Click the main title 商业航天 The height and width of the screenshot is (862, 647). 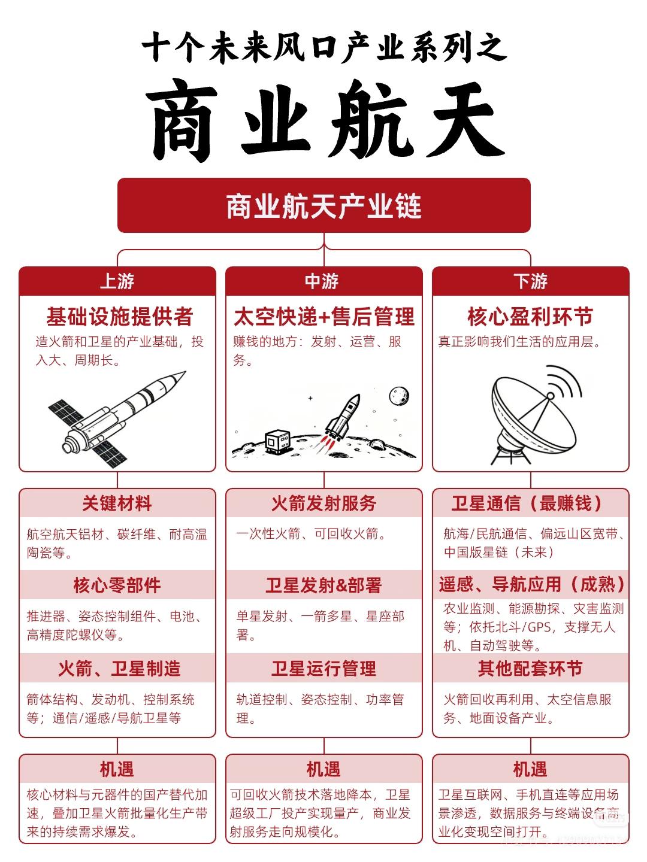coord(323,123)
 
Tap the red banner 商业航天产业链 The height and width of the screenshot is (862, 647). coord(323,206)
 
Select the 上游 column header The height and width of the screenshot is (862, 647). coord(117,281)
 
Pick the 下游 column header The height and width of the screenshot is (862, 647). coord(530,281)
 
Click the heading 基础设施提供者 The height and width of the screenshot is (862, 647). coord(119,317)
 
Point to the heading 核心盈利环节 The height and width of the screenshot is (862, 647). coord(530,317)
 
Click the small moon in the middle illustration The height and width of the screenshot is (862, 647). coord(399,396)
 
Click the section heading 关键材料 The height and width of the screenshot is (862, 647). coord(117,503)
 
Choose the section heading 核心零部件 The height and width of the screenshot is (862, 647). coord(117,585)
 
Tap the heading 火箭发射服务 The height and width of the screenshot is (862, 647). coord(323,503)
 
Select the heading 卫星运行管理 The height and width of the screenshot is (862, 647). coord(323,668)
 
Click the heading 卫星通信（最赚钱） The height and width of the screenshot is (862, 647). coord(530,503)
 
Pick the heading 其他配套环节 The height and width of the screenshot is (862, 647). coord(530,668)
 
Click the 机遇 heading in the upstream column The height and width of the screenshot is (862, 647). coord(117,769)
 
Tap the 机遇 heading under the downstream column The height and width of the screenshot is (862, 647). coord(530,769)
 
